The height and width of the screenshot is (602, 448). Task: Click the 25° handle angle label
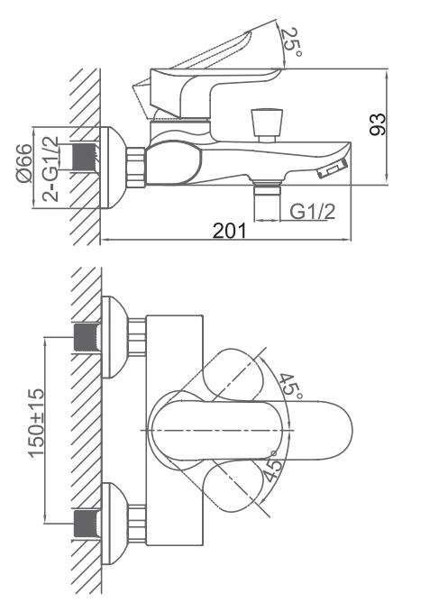point(290,41)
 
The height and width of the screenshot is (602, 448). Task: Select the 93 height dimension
point(377,124)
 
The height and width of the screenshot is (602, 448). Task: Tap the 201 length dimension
point(230,231)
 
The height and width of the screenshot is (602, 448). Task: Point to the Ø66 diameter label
point(24,163)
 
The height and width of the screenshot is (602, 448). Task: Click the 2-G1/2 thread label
point(50,169)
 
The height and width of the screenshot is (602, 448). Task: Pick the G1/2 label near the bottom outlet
point(313,211)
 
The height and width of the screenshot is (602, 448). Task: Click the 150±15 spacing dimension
point(36,423)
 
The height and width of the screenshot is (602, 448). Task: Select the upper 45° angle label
point(290,386)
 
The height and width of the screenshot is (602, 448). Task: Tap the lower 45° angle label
point(273,466)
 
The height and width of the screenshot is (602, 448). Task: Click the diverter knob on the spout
point(267,125)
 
